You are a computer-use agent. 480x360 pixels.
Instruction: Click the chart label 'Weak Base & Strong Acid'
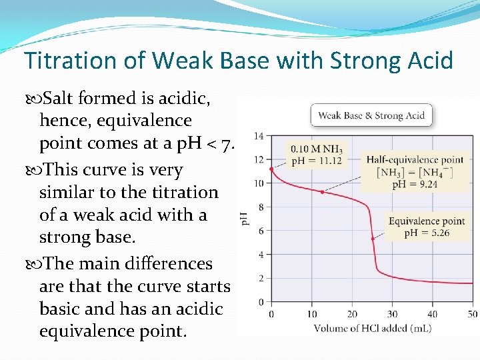click(371, 115)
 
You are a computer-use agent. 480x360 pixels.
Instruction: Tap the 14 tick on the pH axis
click(259, 136)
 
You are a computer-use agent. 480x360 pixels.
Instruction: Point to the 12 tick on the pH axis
click(259, 159)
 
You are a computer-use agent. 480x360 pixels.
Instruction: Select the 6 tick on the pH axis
click(261, 231)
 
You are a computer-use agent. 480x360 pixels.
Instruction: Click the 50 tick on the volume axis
click(473, 314)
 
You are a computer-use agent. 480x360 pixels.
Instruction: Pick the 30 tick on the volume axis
click(392, 314)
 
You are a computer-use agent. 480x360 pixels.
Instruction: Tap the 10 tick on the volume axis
click(311, 314)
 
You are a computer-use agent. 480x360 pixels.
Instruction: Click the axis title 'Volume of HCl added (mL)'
click(372, 327)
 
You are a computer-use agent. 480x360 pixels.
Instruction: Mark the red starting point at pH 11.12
click(271, 169)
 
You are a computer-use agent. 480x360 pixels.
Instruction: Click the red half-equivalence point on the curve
click(323, 192)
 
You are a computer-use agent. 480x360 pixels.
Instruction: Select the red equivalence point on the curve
click(372, 239)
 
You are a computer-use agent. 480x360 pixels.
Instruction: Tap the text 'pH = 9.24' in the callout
click(415, 184)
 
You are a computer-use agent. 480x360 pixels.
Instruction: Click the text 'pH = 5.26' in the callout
click(427, 233)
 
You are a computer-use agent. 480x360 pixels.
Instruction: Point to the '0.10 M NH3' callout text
click(316, 149)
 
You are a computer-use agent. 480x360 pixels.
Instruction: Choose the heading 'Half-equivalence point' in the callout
click(415, 159)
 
